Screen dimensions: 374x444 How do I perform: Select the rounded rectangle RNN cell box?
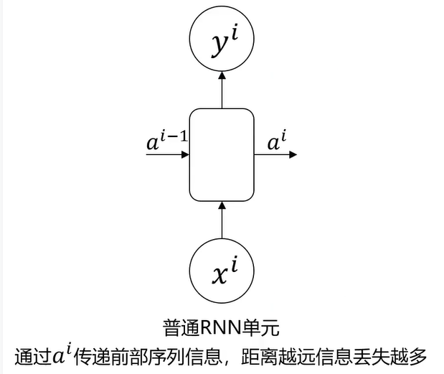coord(222,154)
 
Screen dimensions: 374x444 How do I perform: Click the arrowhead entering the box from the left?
coord(184,154)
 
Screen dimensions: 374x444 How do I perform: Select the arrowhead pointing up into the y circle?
coord(222,74)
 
